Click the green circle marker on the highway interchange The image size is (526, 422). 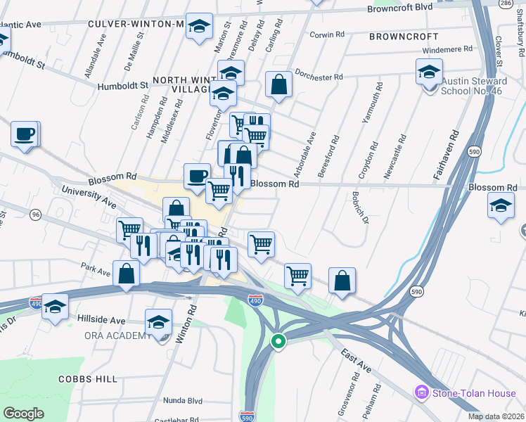pyautogui.click(x=278, y=342)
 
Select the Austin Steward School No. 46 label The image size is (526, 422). pyautogui.click(x=474, y=86)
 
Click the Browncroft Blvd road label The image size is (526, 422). pyautogui.click(x=399, y=8)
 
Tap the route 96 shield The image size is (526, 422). pyautogui.click(x=35, y=214)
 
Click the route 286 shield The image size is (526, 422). pyautogui.click(x=505, y=4)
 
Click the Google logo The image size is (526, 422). pyautogui.click(x=24, y=414)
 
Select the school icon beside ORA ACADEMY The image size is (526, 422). pyautogui.click(x=159, y=322)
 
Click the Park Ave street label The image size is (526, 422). pyautogui.click(x=96, y=271)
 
